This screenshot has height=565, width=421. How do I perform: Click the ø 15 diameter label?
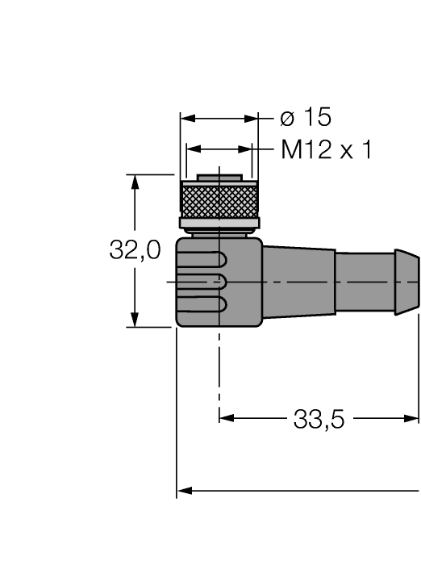[x=305, y=118]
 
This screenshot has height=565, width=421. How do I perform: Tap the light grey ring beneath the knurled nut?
[x=218, y=223]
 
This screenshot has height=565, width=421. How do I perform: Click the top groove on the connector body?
[x=206, y=260]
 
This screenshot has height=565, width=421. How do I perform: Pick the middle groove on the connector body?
[x=206, y=282]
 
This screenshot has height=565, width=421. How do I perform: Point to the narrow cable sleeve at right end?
[x=376, y=282]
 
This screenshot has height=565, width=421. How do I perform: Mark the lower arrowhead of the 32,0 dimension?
[x=135, y=320]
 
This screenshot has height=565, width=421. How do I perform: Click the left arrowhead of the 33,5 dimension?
[x=226, y=418]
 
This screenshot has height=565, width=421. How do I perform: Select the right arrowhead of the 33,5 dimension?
[x=412, y=418]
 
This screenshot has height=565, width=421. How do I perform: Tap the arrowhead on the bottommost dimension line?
[x=184, y=489]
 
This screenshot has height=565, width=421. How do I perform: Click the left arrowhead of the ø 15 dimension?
[x=187, y=119]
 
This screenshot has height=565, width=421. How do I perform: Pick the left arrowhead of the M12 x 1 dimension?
[x=193, y=150]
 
